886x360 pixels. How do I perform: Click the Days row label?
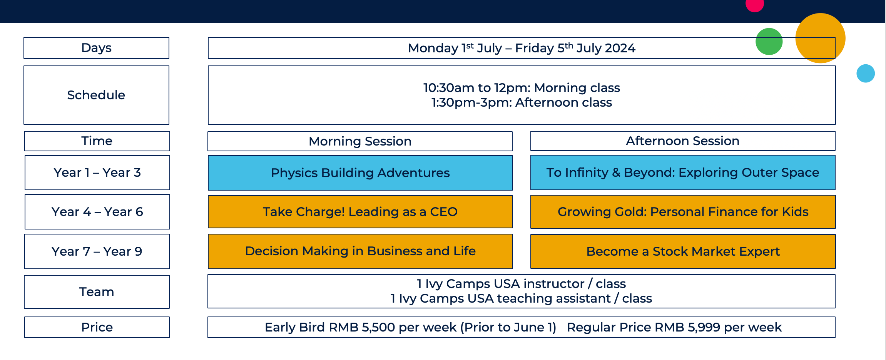pyautogui.click(x=96, y=48)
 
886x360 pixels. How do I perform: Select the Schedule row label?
pyautogui.click(x=96, y=95)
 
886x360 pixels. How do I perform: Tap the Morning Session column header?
pyautogui.click(x=360, y=141)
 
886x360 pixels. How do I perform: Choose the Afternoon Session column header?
pyautogui.click(x=683, y=141)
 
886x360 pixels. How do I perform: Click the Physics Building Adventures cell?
pyautogui.click(x=360, y=173)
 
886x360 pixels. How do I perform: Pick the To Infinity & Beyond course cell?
pyautogui.click(x=683, y=172)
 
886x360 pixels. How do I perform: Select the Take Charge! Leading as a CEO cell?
pyautogui.click(x=360, y=212)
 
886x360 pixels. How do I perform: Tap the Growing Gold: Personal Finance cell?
pyautogui.click(x=683, y=212)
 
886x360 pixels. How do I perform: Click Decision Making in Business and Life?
pyautogui.click(x=360, y=251)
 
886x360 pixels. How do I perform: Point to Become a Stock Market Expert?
pyautogui.click(x=683, y=251)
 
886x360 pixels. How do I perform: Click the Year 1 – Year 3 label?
pyautogui.click(x=97, y=172)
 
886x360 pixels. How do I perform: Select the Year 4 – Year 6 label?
pyautogui.click(x=97, y=212)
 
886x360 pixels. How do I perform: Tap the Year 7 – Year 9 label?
pyautogui.click(x=97, y=251)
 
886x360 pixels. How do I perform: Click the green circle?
pyautogui.click(x=769, y=42)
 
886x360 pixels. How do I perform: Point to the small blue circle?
pyautogui.click(x=866, y=73)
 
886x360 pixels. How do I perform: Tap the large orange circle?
pyautogui.click(x=820, y=38)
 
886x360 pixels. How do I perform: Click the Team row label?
pyautogui.click(x=97, y=292)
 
